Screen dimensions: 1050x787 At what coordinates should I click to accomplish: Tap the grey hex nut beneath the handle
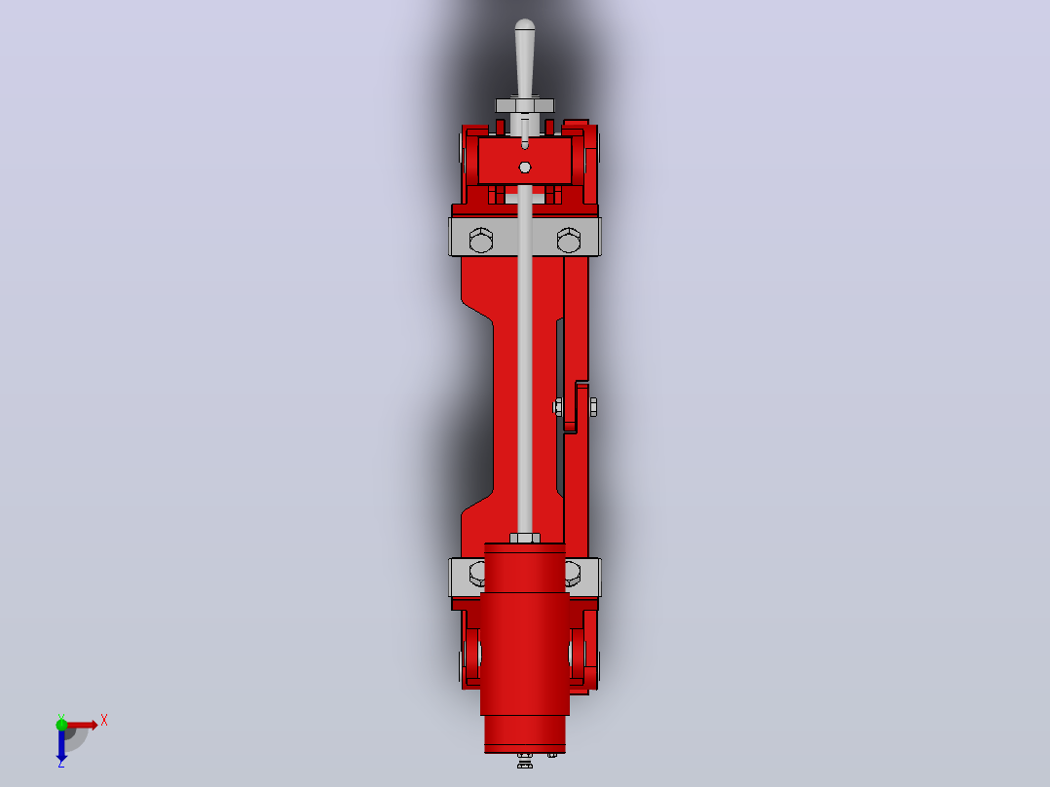click(525, 105)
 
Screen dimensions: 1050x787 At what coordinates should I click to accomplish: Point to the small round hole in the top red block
click(525, 168)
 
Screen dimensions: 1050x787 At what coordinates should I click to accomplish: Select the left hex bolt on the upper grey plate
click(481, 240)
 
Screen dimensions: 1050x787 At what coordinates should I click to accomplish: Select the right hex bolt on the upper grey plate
click(569, 240)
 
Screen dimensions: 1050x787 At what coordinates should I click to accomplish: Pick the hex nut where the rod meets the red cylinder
click(525, 538)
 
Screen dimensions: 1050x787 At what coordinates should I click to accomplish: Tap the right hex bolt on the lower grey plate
click(573, 574)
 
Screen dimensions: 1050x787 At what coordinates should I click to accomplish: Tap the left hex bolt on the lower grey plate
click(477, 574)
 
